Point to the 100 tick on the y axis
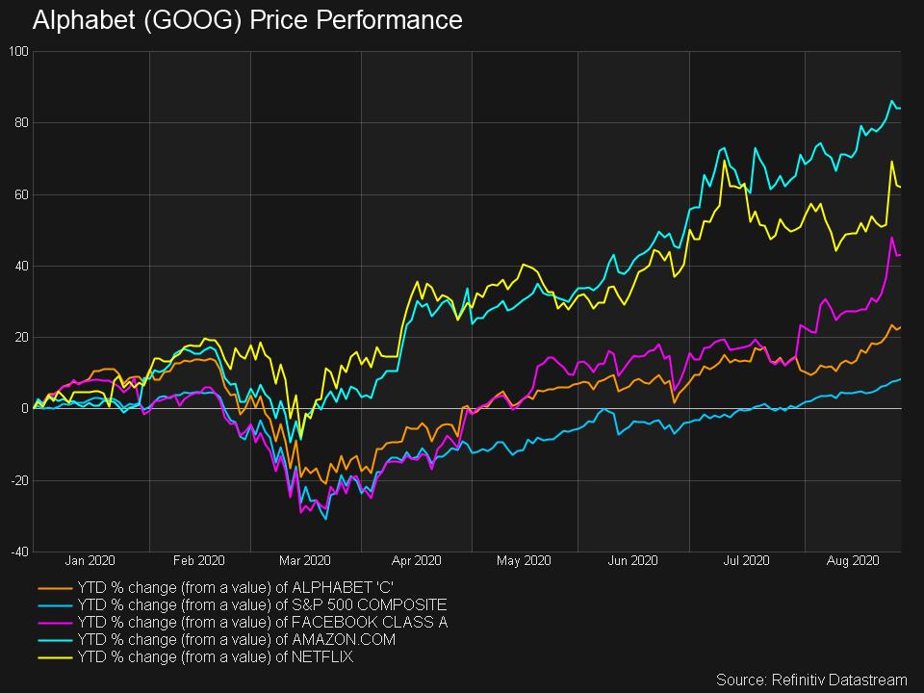(19, 50)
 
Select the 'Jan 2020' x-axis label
(90, 560)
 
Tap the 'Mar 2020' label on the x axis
(304, 560)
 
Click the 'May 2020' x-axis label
(524, 560)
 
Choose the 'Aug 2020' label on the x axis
(854, 560)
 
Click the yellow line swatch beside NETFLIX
(55, 657)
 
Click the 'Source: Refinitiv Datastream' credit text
(812, 679)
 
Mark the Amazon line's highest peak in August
(892, 101)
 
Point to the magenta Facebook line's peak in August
(892, 237)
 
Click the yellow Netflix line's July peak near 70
(724, 161)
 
